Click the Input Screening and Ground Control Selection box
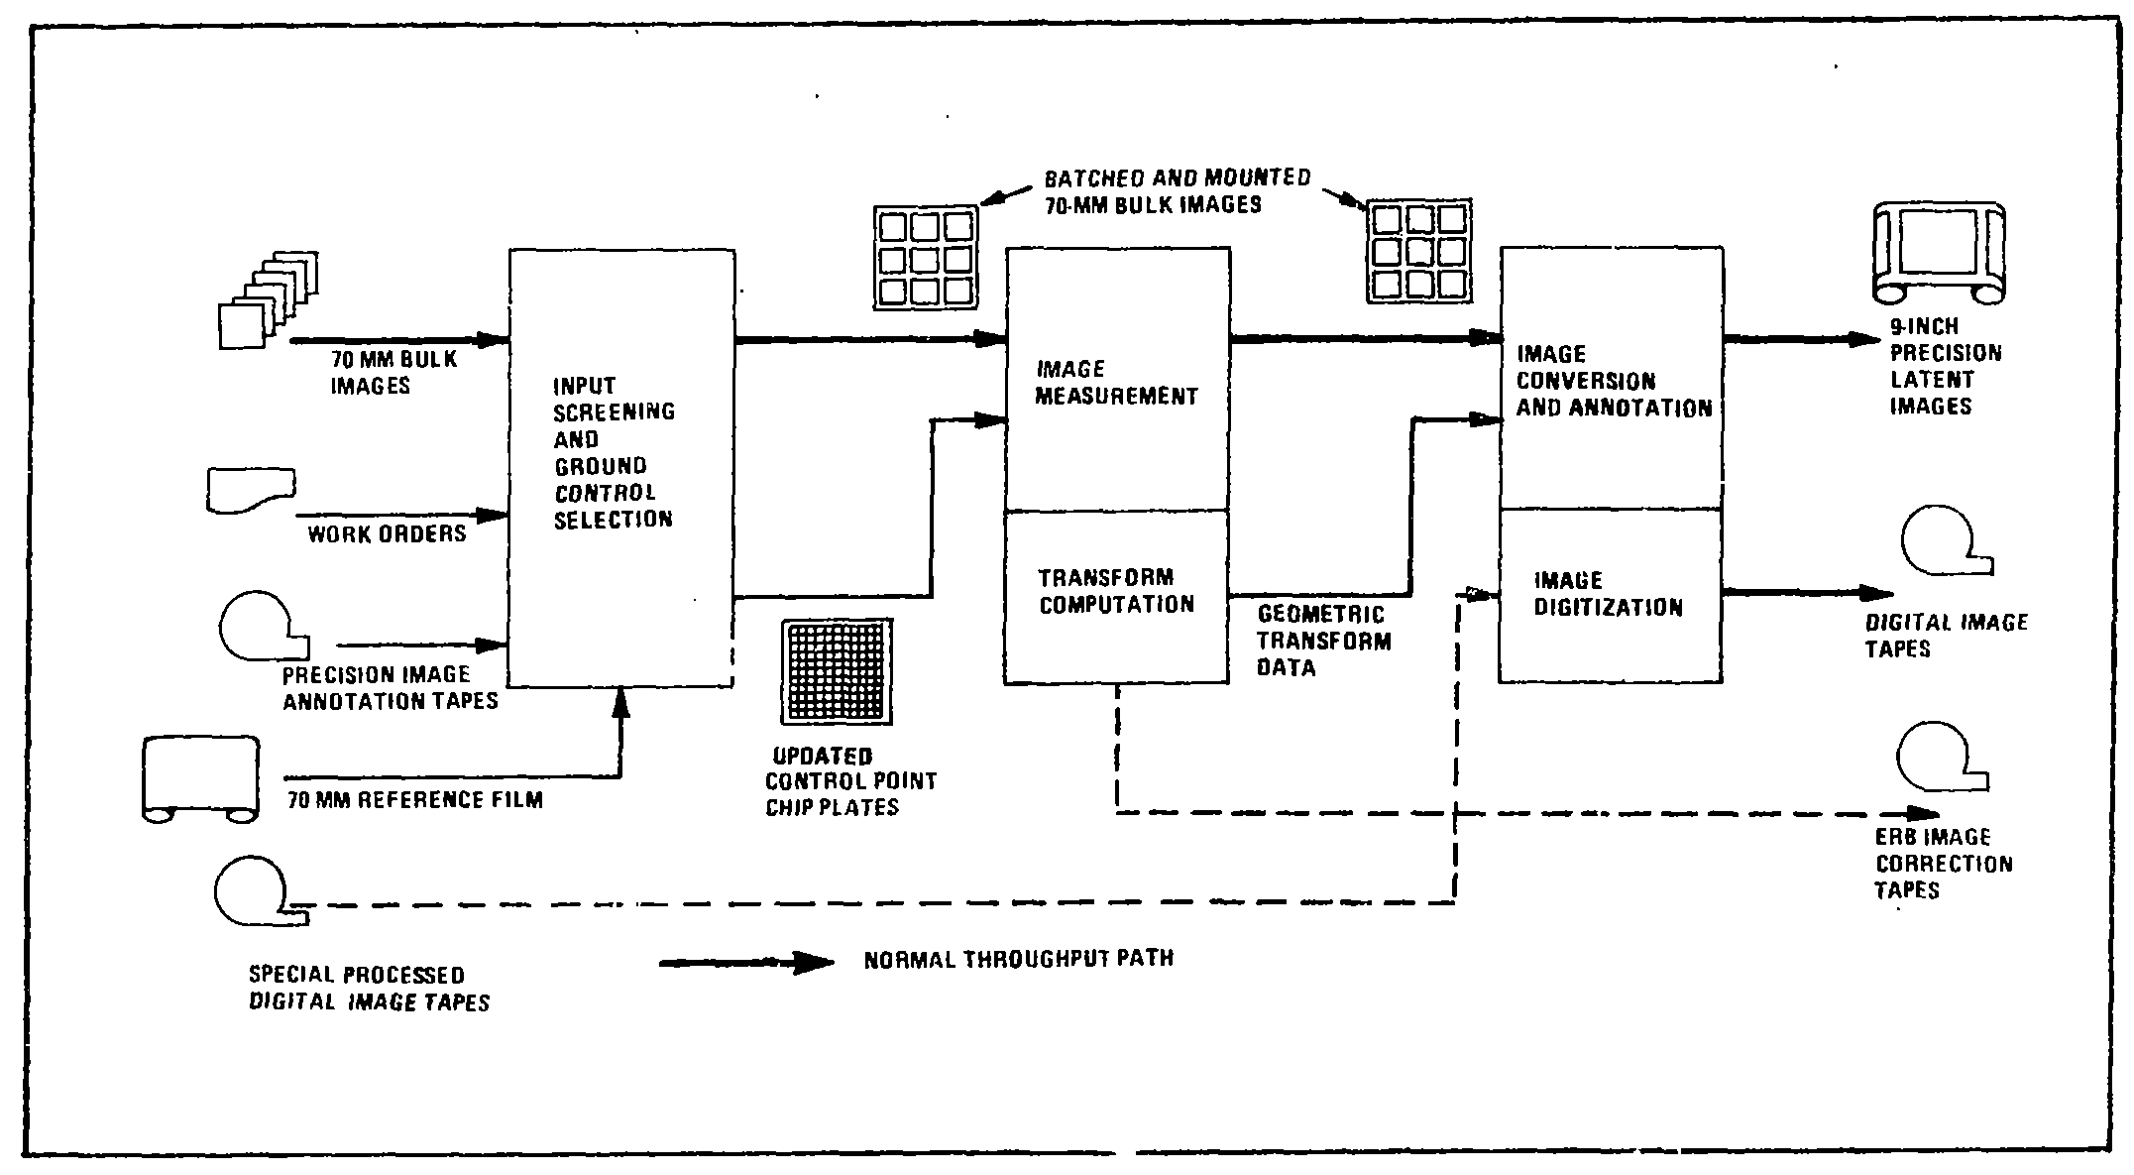point(621,466)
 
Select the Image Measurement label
point(1116,383)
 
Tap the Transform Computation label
point(1116,591)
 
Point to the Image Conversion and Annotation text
point(1614,381)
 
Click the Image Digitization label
point(1608,594)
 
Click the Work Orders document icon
point(252,490)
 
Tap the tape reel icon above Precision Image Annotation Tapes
point(261,627)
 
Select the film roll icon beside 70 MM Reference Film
point(201,779)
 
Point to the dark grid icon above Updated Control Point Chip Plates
point(837,671)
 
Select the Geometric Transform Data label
point(1323,642)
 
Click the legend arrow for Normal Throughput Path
point(745,962)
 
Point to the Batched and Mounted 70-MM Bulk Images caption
point(1177,191)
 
